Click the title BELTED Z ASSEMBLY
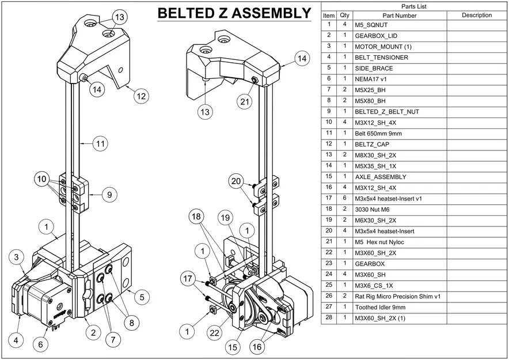(x=234, y=13)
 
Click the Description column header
(x=476, y=16)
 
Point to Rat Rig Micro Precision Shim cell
(x=397, y=296)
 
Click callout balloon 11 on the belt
(x=101, y=144)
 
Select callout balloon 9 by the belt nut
(x=109, y=195)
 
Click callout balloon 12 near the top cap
(x=142, y=96)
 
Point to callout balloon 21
(x=245, y=102)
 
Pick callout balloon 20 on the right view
(x=236, y=181)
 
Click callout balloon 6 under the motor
(x=40, y=344)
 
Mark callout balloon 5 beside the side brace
(x=142, y=297)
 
